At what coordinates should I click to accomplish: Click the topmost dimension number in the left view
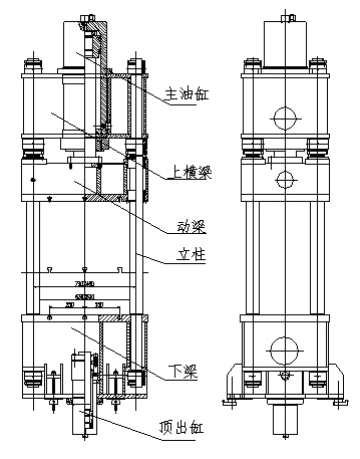84,284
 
